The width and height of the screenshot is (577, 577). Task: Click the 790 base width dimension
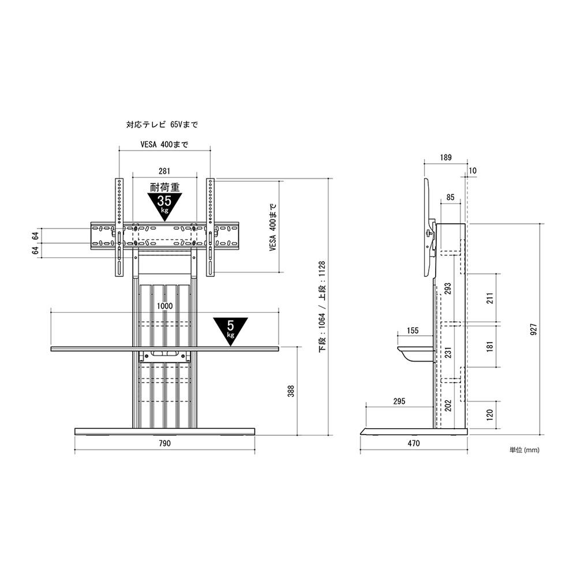164,443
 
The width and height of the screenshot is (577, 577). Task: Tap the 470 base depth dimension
414,443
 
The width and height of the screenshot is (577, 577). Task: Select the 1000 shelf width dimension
164,306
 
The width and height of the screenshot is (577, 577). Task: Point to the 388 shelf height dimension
291,391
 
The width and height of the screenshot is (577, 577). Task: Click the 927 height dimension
534,329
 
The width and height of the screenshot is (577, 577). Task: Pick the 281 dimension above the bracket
164,171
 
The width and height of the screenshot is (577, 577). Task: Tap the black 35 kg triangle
164,207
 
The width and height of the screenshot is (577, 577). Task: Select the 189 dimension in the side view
445,158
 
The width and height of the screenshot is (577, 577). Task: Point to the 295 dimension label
399,401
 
